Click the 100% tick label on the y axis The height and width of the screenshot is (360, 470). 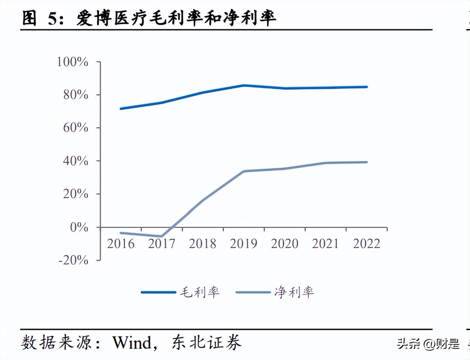coord(72,62)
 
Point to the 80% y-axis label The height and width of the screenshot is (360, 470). coord(76,95)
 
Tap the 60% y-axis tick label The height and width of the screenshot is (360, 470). coord(76,128)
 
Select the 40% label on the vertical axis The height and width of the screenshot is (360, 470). coord(76,161)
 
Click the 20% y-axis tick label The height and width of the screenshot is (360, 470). coord(76,194)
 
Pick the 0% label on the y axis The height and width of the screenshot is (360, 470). coord(79,227)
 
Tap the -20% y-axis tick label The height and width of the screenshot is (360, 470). coord(73,260)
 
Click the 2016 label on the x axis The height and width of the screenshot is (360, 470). coord(120,244)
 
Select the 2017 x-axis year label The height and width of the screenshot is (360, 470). coord(162,244)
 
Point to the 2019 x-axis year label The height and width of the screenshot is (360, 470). coord(244,244)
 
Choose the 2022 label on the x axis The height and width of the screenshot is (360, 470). coord(366,244)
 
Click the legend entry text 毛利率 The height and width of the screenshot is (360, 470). coord(200,292)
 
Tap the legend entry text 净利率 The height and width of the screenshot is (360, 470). coord(294,292)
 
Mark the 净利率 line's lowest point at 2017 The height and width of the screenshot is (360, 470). coord(161,236)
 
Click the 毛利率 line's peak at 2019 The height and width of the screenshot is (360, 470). coord(244,85)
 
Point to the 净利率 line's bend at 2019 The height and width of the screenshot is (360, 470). coord(244,171)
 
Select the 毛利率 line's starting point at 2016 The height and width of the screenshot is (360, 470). coord(120,109)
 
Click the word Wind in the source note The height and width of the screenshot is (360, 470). coord(132,342)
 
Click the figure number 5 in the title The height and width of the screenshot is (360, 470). coord(53,18)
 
